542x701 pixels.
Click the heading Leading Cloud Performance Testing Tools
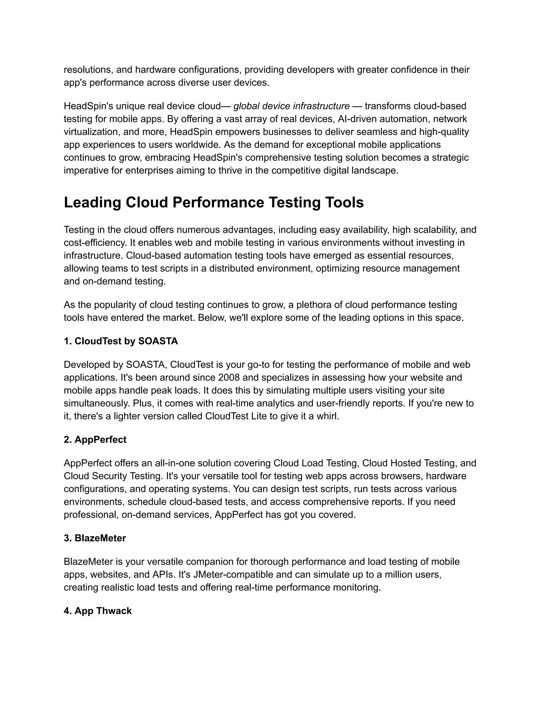click(214, 203)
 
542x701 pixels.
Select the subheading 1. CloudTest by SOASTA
click(121, 341)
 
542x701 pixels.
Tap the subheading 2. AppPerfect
click(95, 440)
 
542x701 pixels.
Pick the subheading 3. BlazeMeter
click(95, 538)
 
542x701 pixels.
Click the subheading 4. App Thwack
click(98, 611)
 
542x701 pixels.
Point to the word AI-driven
click(357, 119)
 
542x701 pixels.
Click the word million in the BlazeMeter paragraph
click(398, 575)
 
